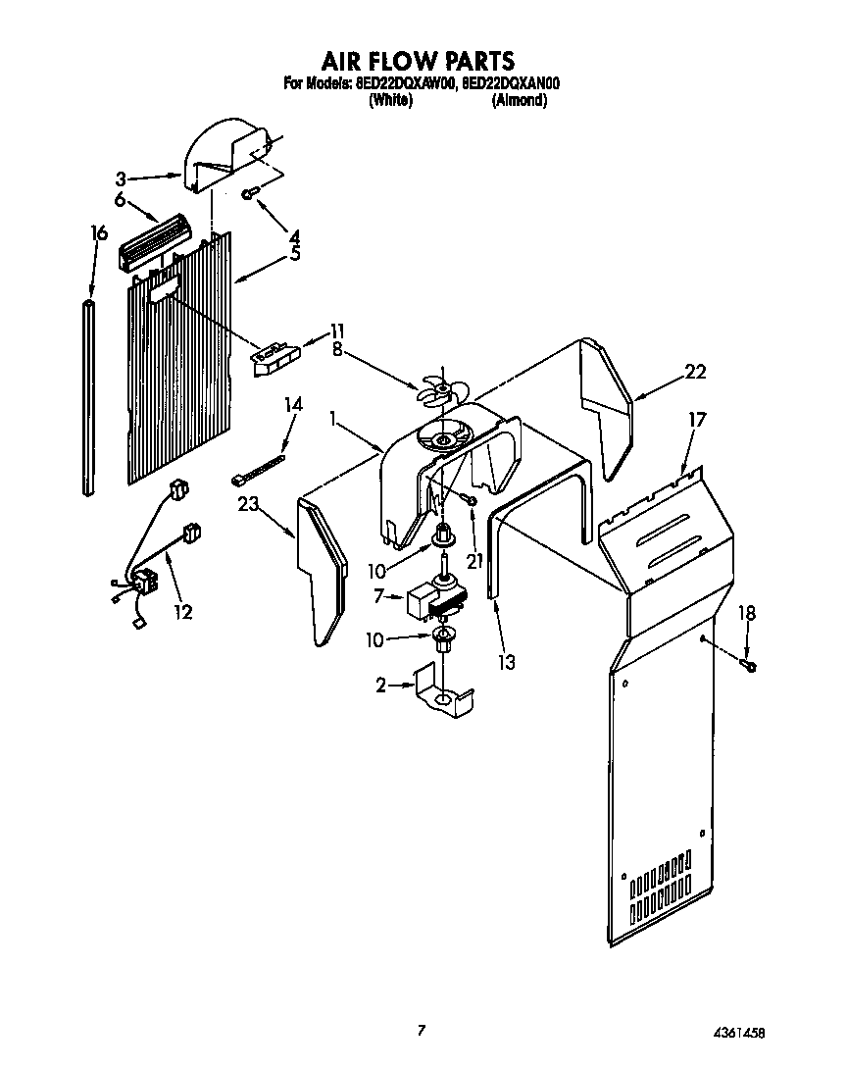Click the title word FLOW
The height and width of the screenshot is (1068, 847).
pyautogui.click(x=416, y=62)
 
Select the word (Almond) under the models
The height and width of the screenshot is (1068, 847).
pyautogui.click(x=519, y=100)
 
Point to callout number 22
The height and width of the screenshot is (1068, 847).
pyautogui.click(x=695, y=372)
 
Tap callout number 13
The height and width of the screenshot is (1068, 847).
pyautogui.click(x=506, y=662)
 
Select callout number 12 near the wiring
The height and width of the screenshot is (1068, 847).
pyautogui.click(x=182, y=612)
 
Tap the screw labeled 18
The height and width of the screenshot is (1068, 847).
pyautogui.click(x=751, y=667)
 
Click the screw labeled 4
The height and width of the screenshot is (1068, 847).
pyautogui.click(x=249, y=195)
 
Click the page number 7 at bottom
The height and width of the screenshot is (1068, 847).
pyautogui.click(x=422, y=1029)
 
